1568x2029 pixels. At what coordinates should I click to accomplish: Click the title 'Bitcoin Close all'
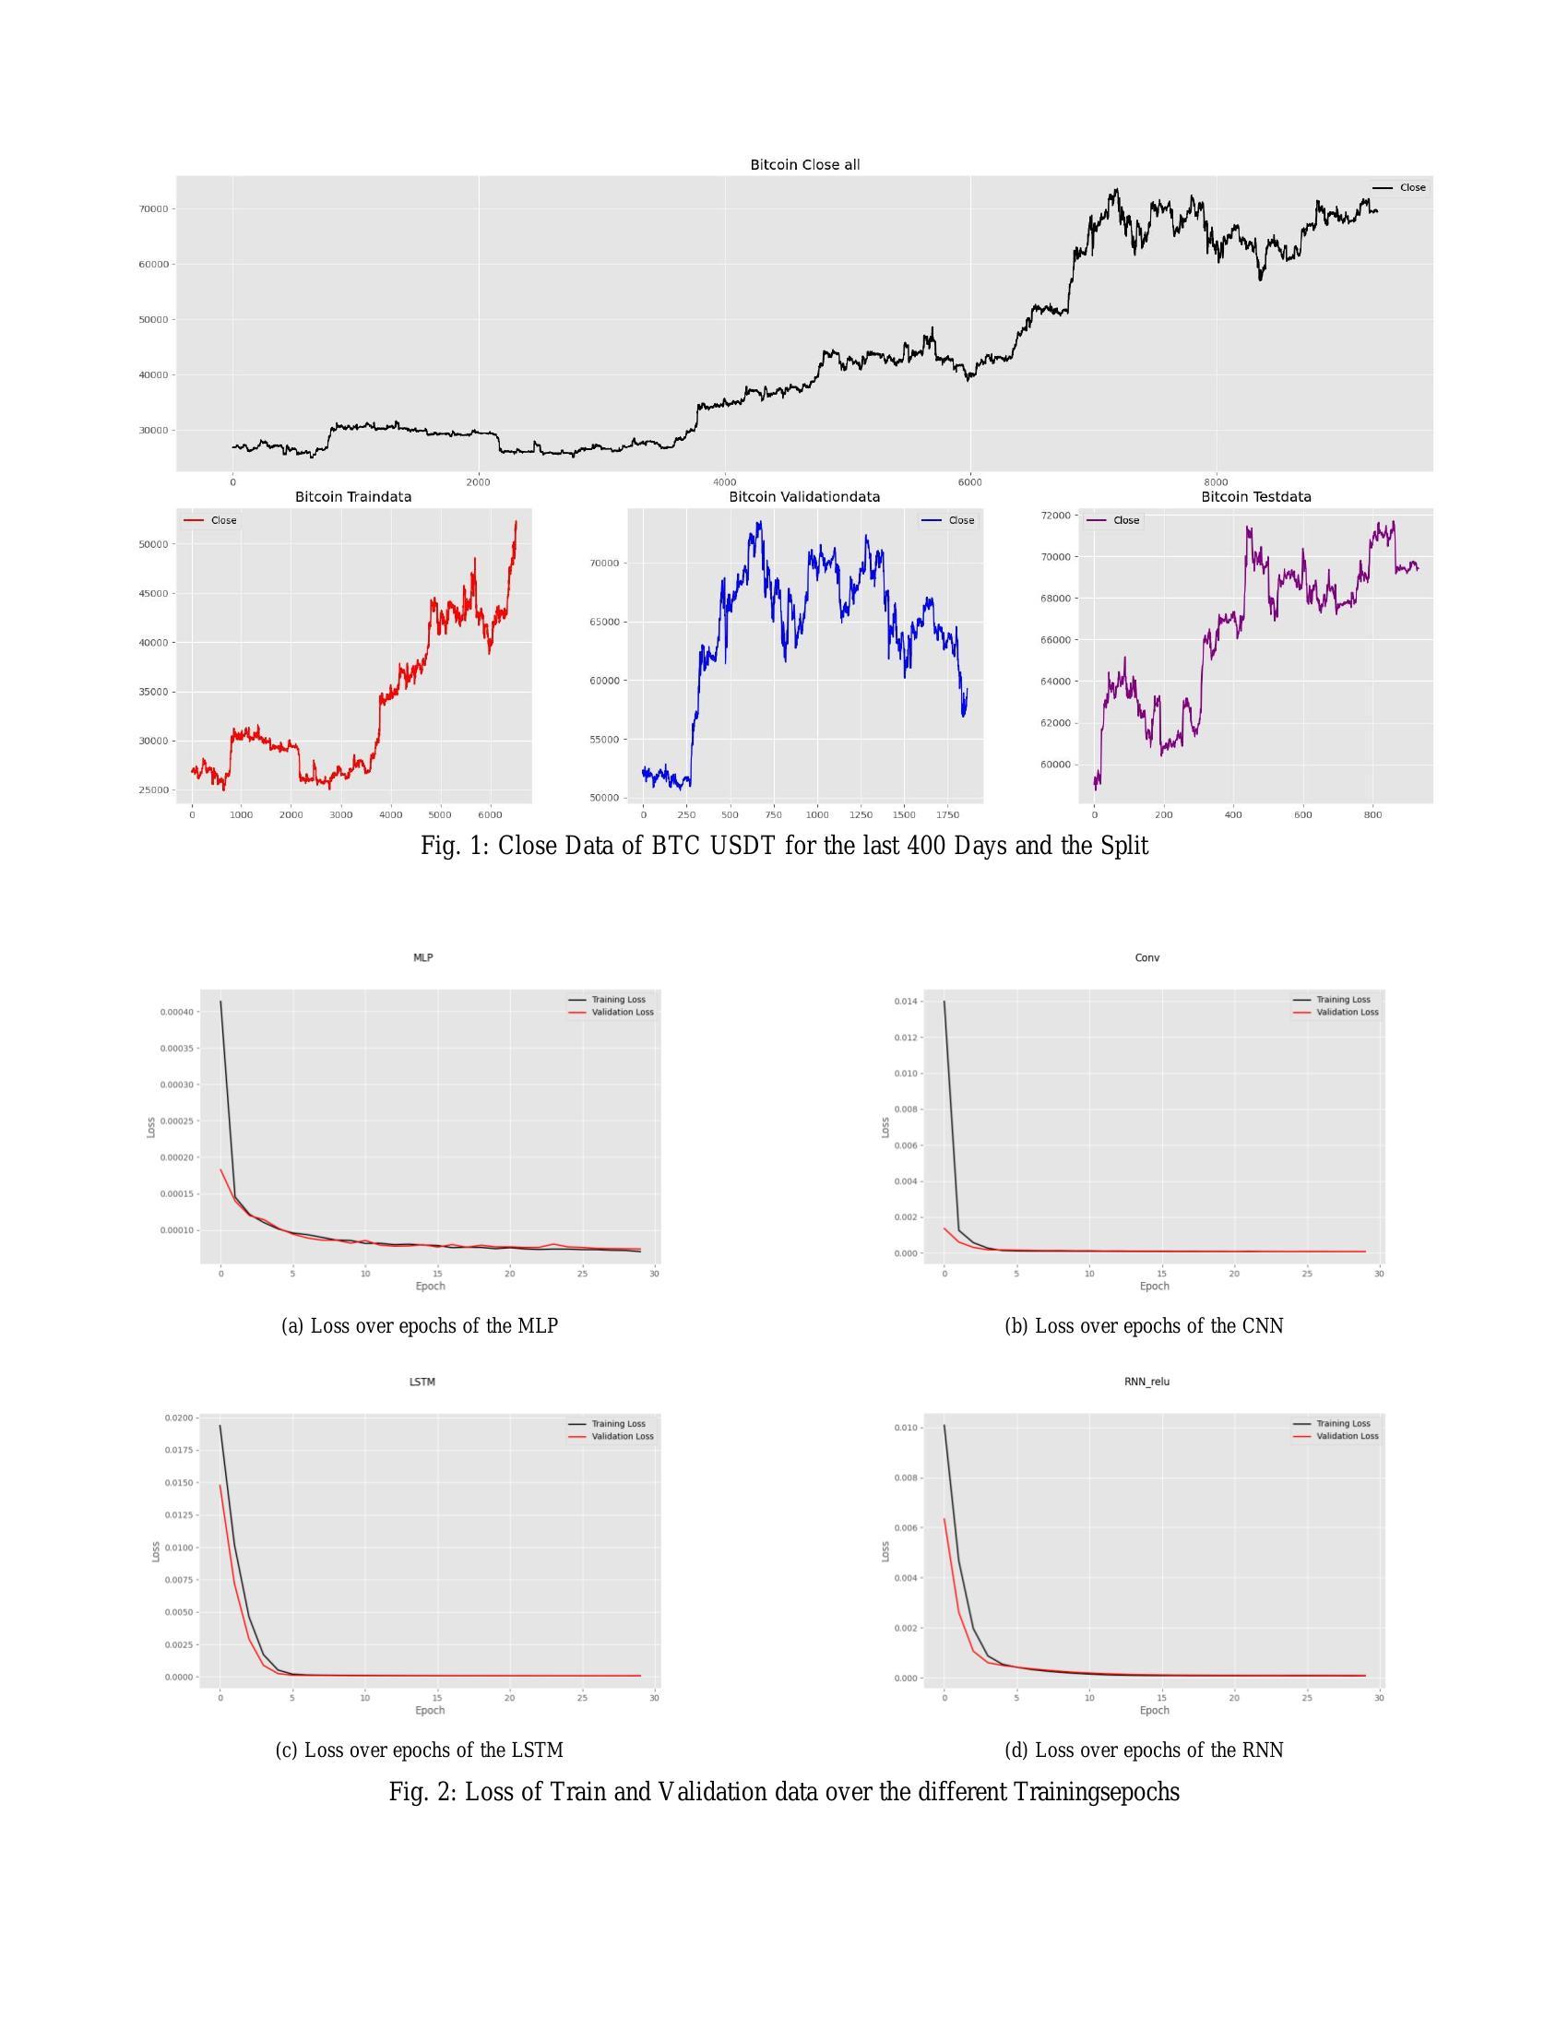coord(804,164)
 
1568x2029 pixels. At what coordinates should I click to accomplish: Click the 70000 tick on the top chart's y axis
coord(153,209)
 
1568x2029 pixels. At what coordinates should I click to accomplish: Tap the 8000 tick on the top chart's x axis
coord(1215,482)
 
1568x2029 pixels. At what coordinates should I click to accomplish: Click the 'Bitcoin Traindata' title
coord(353,497)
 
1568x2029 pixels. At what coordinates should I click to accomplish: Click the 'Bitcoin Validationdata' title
coord(804,497)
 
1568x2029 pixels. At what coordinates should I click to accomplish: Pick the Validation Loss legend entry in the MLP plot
coord(623,1012)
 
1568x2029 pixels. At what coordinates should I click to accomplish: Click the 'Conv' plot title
coord(1147,958)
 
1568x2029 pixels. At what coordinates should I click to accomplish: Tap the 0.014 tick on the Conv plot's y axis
coord(906,1002)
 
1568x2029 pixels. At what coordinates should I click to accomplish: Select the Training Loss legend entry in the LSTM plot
coord(618,1424)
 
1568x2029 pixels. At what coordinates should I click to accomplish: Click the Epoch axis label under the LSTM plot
coord(430,1710)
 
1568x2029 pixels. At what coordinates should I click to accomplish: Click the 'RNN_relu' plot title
coord(1147,1382)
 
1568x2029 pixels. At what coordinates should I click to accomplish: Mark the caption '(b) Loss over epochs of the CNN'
coord(1144,1325)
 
